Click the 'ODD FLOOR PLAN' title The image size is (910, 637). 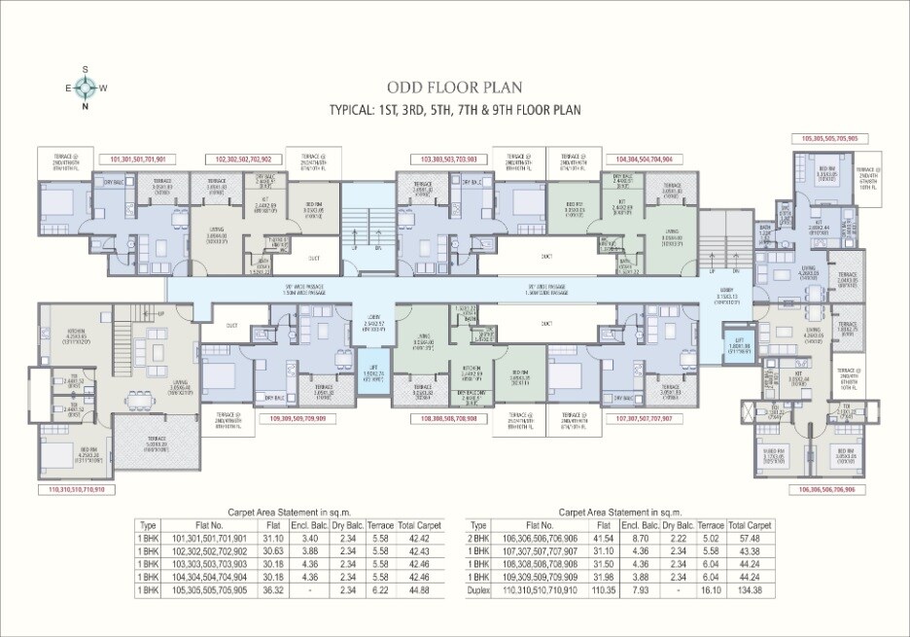(x=454, y=86)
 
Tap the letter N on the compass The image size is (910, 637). (x=86, y=107)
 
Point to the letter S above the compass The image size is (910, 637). (x=86, y=69)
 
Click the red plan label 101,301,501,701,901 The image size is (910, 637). (x=139, y=158)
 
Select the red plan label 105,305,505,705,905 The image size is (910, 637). (x=830, y=139)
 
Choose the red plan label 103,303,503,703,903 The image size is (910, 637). (x=448, y=158)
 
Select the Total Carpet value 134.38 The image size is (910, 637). (x=747, y=589)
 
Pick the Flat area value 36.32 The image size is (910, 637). (x=273, y=589)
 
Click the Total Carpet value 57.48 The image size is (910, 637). (x=747, y=538)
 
